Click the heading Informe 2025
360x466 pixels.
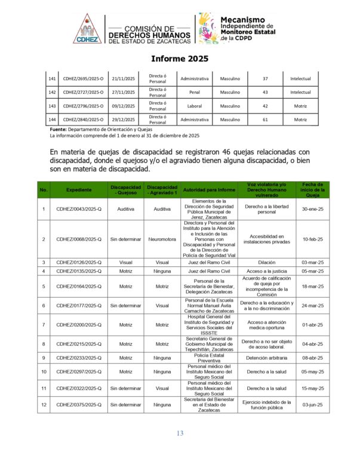point(179,59)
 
